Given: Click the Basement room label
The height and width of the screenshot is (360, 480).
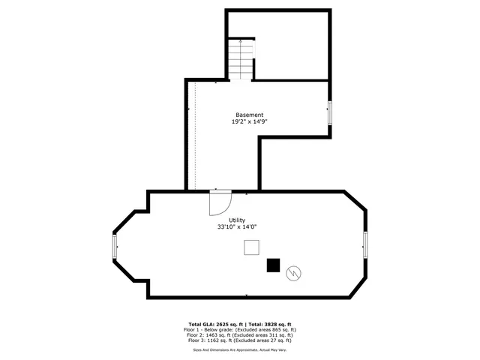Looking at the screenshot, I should tap(250, 115).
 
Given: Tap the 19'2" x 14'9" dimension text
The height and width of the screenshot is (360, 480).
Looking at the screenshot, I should tap(250, 121).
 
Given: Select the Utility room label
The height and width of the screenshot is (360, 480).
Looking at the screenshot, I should tap(237, 219).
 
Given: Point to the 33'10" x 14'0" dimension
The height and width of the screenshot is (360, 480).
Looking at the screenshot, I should tap(237, 226).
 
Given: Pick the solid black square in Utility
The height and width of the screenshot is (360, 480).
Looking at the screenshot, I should tap(274, 265).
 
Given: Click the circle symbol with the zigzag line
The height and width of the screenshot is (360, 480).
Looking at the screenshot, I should tap(294, 274).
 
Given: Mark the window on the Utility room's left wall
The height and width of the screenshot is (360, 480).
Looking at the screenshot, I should tap(115, 246).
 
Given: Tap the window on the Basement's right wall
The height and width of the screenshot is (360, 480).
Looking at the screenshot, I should tap(329, 112).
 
